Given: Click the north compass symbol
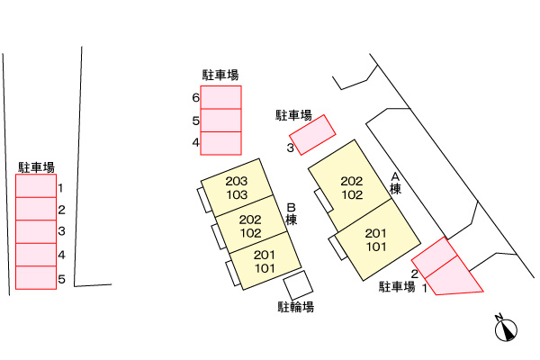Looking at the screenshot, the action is click(x=506, y=329).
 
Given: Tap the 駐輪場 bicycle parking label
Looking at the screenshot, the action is click(x=296, y=307).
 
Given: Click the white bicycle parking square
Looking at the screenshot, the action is click(x=298, y=285).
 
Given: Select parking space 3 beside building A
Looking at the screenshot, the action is click(x=312, y=135).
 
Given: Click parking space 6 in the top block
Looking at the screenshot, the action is click(x=220, y=97).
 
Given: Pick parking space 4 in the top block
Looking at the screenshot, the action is click(x=220, y=143).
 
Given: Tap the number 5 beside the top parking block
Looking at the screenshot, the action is click(x=195, y=121).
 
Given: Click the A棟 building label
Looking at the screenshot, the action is click(x=395, y=184).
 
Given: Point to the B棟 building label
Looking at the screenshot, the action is click(x=292, y=214).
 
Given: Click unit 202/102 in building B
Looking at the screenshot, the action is click(x=251, y=224).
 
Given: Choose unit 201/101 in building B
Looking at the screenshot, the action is click(x=265, y=261).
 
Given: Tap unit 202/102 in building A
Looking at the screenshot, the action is click(x=350, y=185).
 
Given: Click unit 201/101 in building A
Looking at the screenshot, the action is click(x=378, y=240).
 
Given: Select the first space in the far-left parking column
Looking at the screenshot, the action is click(x=36, y=185).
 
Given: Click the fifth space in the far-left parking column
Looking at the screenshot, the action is click(x=36, y=278).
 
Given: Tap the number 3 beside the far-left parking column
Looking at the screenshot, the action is click(x=61, y=231).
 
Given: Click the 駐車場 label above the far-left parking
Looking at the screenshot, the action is click(x=37, y=167).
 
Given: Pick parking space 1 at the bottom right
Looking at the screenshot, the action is click(x=453, y=276).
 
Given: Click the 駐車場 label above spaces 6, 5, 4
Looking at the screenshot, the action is click(x=220, y=75).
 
